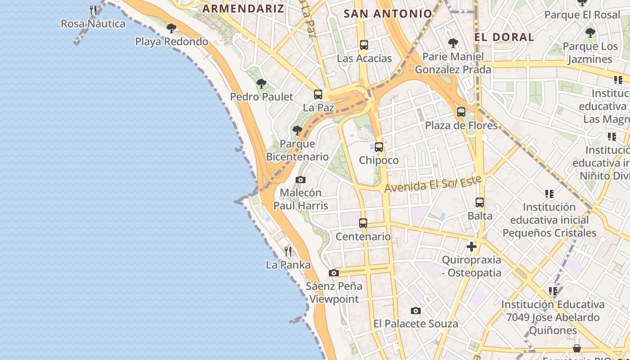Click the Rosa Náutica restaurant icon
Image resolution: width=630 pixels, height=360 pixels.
click(93, 10)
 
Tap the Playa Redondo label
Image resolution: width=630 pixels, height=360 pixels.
click(171, 42)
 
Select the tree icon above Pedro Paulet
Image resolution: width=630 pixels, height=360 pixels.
click(261, 84)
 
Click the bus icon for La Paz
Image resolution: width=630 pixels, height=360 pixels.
click(318, 94)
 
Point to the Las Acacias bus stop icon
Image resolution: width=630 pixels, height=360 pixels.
click(364, 45)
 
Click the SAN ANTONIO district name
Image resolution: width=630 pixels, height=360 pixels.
click(387, 13)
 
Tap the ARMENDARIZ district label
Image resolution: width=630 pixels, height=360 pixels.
click(243, 9)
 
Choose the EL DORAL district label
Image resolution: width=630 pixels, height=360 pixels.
click(504, 37)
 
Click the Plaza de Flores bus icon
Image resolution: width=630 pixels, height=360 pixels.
click(461, 112)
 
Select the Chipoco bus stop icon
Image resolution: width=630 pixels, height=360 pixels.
click(379, 147)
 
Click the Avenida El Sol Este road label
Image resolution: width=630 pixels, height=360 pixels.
click(433, 184)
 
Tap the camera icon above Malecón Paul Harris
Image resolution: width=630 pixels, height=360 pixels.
click(301, 180)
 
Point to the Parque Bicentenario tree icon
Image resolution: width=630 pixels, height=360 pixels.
click(297, 131)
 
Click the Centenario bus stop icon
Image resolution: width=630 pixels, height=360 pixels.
click(363, 223)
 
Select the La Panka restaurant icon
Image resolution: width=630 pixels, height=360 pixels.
click(288, 252)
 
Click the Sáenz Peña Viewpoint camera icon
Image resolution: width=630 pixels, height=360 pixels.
click(333, 273)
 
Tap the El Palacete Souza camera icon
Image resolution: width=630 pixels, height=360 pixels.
click(416, 310)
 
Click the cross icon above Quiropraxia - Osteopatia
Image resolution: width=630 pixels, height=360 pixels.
click(471, 247)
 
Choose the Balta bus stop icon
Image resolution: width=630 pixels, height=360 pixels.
click(480, 202)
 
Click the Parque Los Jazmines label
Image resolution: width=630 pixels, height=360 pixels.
click(590, 53)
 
